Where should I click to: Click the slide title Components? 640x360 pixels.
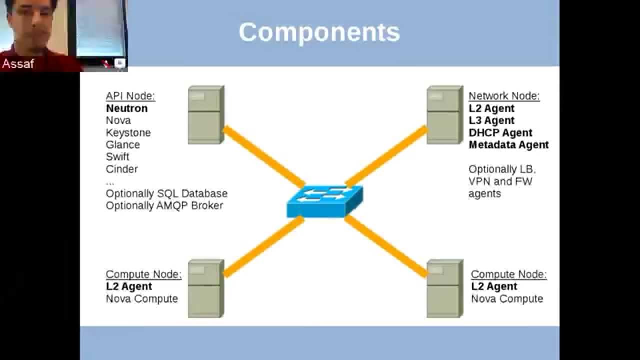click(319, 32)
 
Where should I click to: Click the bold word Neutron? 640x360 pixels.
click(126, 108)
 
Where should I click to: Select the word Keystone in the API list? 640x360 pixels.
click(128, 132)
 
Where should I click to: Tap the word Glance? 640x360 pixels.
click(122, 144)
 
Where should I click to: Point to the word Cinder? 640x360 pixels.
click(121, 169)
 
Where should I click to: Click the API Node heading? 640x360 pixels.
click(130, 96)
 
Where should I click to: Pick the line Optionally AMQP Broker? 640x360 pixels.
click(164, 205)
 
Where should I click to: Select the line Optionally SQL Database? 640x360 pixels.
click(166, 193)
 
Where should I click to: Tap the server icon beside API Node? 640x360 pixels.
click(205, 115)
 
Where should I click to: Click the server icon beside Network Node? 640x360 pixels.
click(444, 115)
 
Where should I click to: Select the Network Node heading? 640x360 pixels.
click(503, 96)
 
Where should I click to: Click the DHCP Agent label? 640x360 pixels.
click(500, 132)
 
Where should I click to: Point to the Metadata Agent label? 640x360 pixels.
click(508, 144)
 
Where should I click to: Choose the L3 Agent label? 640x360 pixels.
click(491, 120)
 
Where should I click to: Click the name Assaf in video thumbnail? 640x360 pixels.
click(18, 63)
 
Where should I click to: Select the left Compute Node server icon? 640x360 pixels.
click(205, 288)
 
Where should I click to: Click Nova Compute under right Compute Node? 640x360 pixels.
click(506, 298)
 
